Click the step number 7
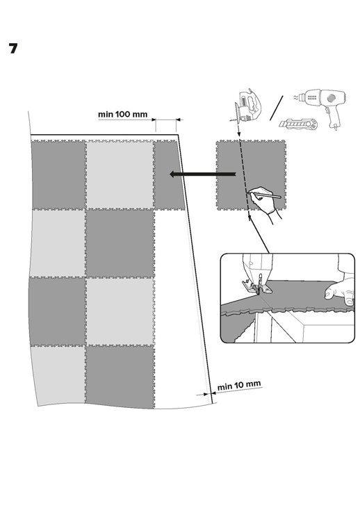coord(13,49)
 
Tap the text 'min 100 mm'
coord(122,115)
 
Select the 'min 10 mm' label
coord(239,386)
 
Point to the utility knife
coord(298,124)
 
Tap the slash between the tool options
coord(276,108)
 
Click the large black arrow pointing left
coord(203,174)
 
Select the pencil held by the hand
coord(265,195)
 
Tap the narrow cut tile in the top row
coord(168,175)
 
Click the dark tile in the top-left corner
coord(58,174)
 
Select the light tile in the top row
coord(120,174)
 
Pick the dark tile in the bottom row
coord(120,377)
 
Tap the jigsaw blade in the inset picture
coord(259,285)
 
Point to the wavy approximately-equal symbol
coord(295,97)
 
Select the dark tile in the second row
coord(120,243)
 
